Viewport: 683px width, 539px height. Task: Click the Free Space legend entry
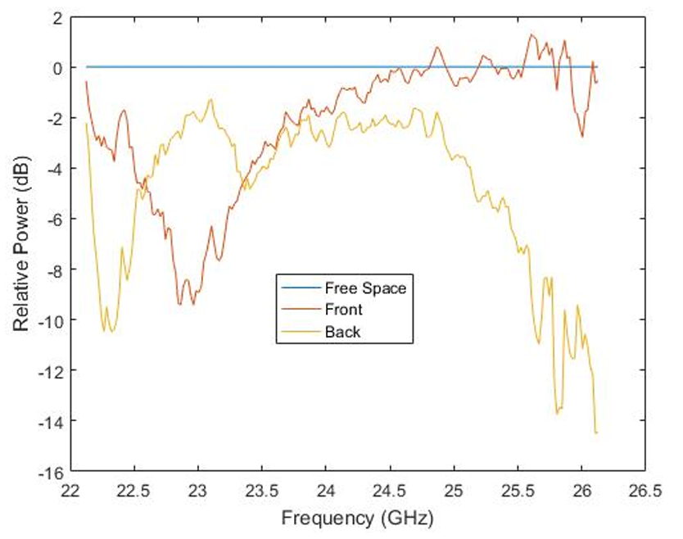(365, 288)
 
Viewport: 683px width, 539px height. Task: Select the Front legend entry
(343, 310)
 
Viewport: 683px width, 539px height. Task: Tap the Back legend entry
(342, 332)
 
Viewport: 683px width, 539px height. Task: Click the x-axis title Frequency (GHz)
(356, 519)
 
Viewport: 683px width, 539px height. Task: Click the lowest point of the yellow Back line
(596, 433)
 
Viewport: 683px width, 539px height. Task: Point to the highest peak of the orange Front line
(531, 34)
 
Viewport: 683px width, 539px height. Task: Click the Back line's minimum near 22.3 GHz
(111, 331)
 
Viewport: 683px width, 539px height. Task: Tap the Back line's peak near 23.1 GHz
(210, 99)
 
